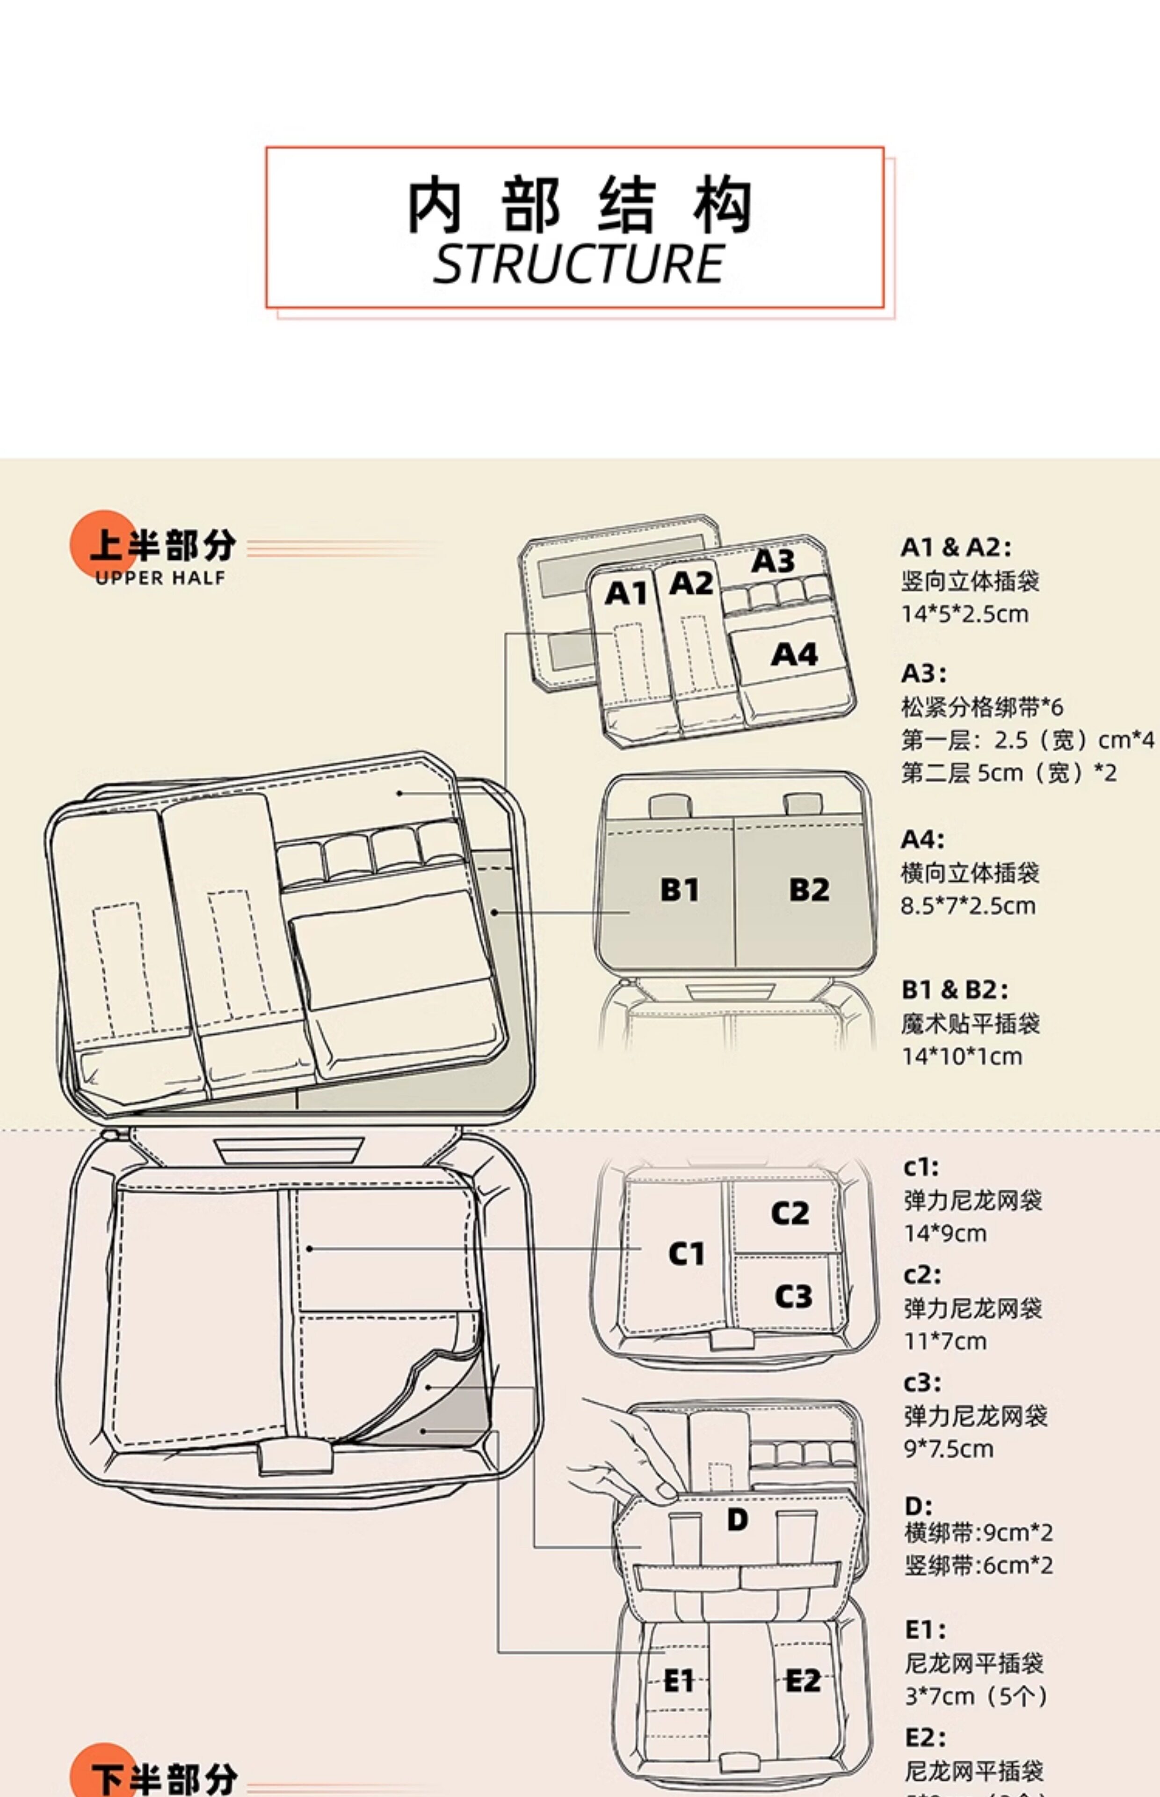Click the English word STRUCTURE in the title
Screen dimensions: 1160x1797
579,264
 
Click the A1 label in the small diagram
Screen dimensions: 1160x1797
626,594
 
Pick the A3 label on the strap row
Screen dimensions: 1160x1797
773,561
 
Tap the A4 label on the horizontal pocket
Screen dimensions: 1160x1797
794,654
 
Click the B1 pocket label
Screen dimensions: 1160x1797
680,890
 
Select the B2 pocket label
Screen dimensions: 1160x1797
809,890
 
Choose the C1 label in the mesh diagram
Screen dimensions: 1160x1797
686,1254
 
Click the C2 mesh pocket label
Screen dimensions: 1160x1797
790,1213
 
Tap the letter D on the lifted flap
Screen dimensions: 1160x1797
738,1519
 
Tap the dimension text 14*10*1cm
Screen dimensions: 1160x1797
962,1056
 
